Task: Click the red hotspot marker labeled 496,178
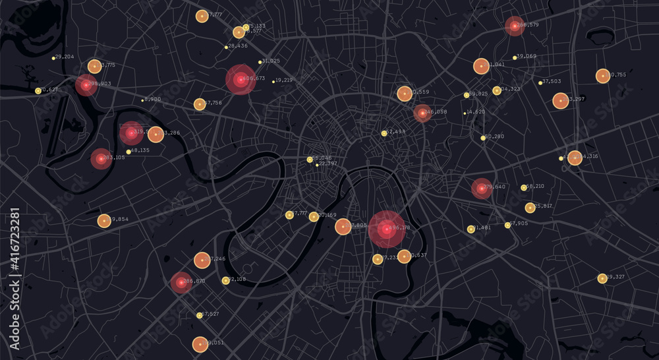tap(386, 229)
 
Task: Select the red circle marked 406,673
tap(241, 79)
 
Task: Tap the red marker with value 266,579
tap(514, 26)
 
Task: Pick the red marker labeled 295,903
tap(86, 84)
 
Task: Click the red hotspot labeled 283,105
tap(101, 158)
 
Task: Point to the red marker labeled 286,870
tap(181, 282)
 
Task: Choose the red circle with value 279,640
tap(481, 188)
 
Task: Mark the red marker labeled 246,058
tap(422, 113)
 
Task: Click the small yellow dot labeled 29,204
tap(53, 58)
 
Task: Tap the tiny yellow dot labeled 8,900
tap(142, 100)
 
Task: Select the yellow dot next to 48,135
tap(129, 152)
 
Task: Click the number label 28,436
tap(237, 46)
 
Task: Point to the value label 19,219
tap(285, 80)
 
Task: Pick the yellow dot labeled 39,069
tap(515, 57)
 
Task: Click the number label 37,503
tap(552, 82)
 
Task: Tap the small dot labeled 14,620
tap(465, 113)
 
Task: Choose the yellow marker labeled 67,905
tap(507, 225)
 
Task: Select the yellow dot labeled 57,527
tap(199, 315)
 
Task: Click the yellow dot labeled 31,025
tap(260, 62)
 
